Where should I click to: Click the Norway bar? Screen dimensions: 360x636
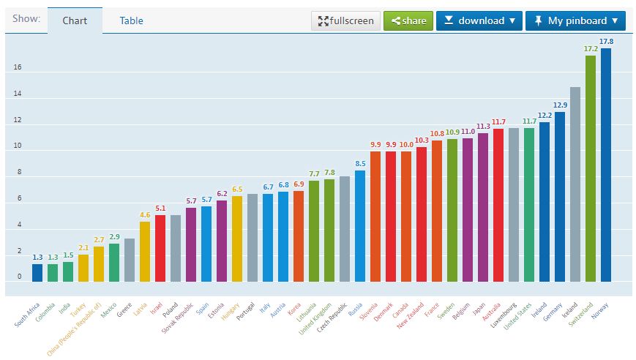(606, 165)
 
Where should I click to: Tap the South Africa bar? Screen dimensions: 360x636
(37, 273)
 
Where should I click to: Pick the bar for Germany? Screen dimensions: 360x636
(560, 197)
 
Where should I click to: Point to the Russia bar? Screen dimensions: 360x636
(360, 226)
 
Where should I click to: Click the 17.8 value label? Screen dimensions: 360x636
(606, 41)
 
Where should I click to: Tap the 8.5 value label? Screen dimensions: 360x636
(360, 164)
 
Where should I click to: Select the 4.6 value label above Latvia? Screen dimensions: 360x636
(145, 215)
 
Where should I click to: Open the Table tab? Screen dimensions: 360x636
(132, 20)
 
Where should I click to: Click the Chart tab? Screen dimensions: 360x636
(75, 20)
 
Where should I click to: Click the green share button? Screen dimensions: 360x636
(408, 20)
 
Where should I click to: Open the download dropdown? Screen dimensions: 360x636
(479, 20)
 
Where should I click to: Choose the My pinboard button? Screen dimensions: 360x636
(575, 20)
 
